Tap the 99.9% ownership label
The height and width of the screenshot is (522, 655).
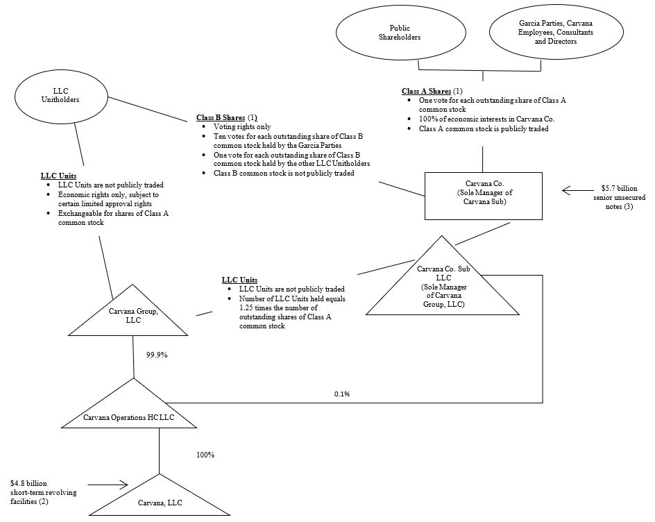157,355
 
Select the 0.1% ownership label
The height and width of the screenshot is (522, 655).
341,394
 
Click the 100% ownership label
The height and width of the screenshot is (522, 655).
204,455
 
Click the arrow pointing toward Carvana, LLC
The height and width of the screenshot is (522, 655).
108,485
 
